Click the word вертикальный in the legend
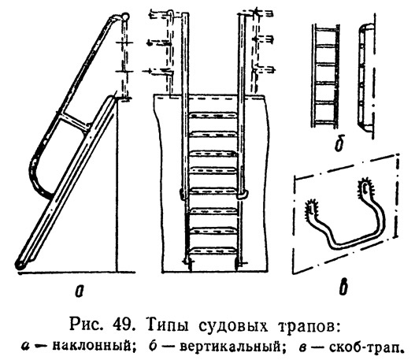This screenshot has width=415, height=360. (x=230, y=347)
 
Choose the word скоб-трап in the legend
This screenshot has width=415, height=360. (x=365, y=347)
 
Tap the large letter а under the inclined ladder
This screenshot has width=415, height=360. (x=79, y=291)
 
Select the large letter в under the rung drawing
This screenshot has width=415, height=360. (x=343, y=288)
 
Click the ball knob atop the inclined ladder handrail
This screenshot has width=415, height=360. (x=124, y=17)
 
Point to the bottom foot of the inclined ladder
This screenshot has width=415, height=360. (x=20, y=265)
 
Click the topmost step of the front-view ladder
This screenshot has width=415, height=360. (x=213, y=116)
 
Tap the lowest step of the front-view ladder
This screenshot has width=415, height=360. (x=213, y=251)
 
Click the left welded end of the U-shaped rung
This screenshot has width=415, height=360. (x=312, y=206)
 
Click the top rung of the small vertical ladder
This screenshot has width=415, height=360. (x=325, y=28)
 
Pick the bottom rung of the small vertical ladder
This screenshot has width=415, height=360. (x=325, y=122)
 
